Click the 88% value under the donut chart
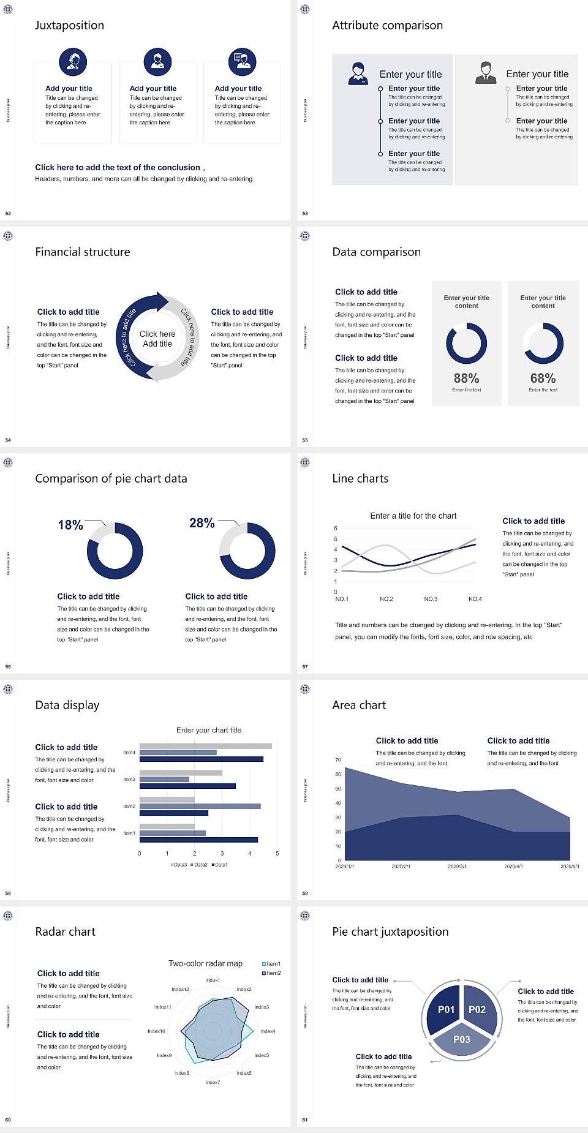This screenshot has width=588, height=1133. (466, 378)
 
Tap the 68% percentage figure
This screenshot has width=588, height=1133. (543, 378)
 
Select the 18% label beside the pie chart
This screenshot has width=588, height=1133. (70, 525)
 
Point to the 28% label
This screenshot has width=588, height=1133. (202, 523)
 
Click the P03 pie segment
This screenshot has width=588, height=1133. (462, 1039)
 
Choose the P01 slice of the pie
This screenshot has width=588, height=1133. (446, 1009)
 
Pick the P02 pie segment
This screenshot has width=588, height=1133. (477, 1009)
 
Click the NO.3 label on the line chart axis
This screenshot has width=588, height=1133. (431, 599)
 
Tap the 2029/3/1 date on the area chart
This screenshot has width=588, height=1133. (457, 867)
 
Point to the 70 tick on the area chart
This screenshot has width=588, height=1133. (338, 760)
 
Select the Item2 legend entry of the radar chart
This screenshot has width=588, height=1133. (272, 973)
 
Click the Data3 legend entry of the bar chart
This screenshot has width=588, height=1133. (179, 865)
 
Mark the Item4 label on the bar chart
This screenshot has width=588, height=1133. (129, 753)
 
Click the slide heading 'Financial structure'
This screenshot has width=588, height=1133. (83, 252)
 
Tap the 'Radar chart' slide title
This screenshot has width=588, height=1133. (66, 932)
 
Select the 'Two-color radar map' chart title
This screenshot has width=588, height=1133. (205, 963)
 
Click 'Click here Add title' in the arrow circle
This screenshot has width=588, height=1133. (157, 339)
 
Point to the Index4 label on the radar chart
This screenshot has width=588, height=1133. (268, 1031)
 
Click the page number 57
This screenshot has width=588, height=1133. (305, 666)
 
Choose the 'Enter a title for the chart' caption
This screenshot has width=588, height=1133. (413, 516)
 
